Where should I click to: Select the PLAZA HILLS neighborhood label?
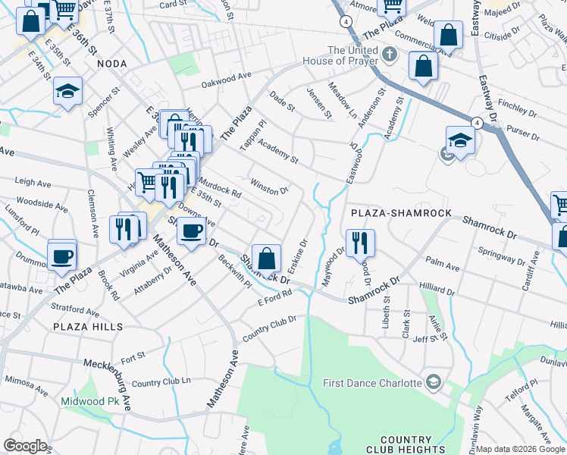(x=88, y=326)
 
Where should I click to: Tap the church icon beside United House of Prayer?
(x=389, y=54)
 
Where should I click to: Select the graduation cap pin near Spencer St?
(x=67, y=92)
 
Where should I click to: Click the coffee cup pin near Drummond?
(x=62, y=254)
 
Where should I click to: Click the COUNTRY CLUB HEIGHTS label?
(x=406, y=445)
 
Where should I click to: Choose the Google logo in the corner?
(x=25, y=445)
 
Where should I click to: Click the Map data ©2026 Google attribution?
(x=520, y=449)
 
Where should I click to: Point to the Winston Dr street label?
(x=270, y=186)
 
